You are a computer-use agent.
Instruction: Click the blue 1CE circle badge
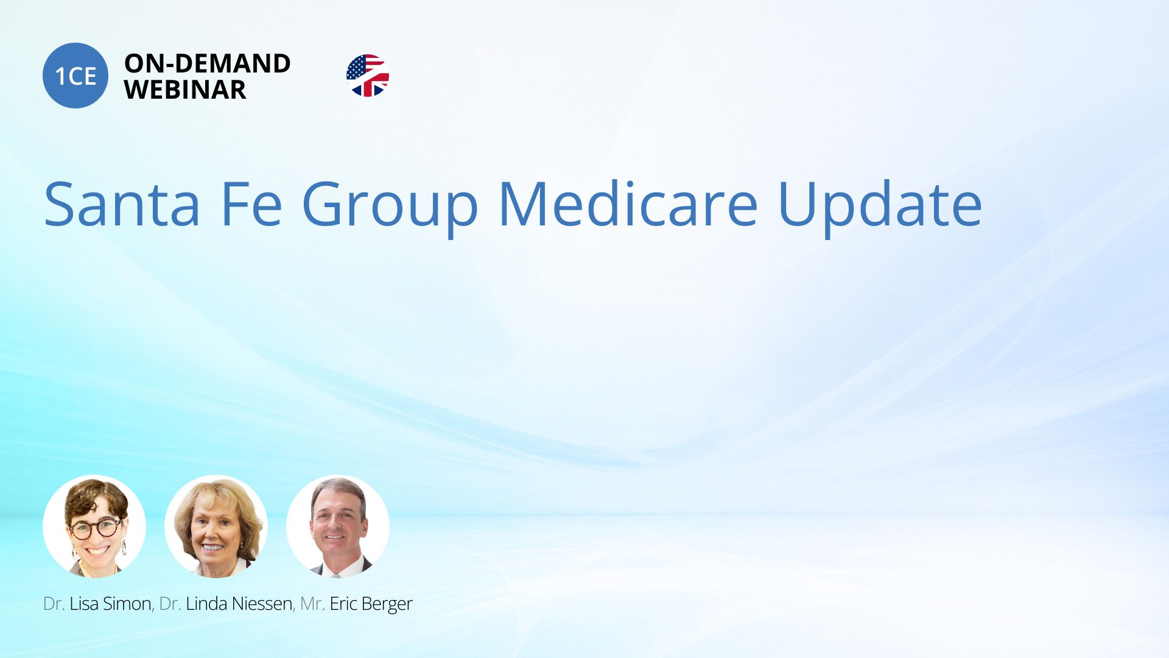(75, 76)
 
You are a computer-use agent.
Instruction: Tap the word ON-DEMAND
(207, 63)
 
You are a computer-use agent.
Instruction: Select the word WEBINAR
(185, 90)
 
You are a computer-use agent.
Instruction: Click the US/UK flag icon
(368, 76)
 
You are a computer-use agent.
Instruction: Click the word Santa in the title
(122, 204)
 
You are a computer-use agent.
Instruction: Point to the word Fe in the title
(251, 204)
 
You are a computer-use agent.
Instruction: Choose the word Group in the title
(390, 208)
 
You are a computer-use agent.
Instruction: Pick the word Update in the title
(880, 207)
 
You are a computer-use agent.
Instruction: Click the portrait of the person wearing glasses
(94, 526)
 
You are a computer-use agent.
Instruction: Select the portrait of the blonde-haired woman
(216, 526)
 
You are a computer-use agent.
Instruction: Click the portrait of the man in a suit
(338, 526)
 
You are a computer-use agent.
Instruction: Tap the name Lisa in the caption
(84, 604)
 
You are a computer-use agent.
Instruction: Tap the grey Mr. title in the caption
(312, 604)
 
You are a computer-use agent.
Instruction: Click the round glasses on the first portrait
(96, 528)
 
